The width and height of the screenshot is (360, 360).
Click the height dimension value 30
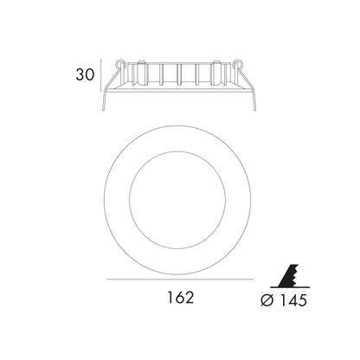coord(85,74)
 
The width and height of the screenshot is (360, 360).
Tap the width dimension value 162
coord(181,297)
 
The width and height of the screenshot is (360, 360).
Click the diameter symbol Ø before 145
coord(267,300)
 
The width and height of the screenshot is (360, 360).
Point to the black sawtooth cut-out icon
coord(289,275)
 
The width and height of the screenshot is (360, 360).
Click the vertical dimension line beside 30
coord(101,75)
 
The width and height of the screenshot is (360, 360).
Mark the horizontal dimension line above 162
coord(180,280)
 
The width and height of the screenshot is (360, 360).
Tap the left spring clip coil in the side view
coord(120,64)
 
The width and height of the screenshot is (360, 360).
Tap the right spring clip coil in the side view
coord(238,64)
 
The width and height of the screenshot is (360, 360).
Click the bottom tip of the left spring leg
coord(103,111)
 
